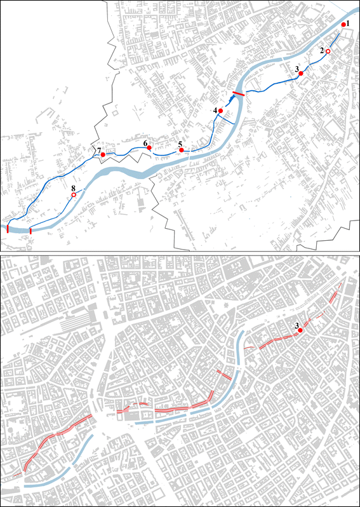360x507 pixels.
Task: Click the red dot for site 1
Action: coord(343,24)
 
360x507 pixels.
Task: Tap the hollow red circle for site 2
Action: coord(328,51)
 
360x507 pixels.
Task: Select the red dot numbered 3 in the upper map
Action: coord(301,74)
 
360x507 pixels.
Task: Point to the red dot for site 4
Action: coord(220,111)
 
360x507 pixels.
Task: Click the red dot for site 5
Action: coord(181,151)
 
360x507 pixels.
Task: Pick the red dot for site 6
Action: coord(149,149)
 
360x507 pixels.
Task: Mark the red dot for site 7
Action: coord(103,155)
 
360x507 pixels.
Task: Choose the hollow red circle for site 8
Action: coord(74,196)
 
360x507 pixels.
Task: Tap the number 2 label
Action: coord(323,50)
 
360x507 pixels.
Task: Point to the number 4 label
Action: coord(215,110)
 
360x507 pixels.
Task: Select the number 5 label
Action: coord(180,144)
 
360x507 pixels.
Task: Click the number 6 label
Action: coord(145,144)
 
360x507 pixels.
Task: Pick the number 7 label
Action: coord(99,150)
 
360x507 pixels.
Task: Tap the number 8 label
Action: coord(74,189)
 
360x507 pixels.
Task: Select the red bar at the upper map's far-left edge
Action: coord(8,229)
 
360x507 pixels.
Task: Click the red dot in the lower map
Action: coord(300,331)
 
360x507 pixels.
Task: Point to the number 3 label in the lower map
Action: coord(297,326)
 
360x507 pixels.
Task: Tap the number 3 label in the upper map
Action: coord(297,68)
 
